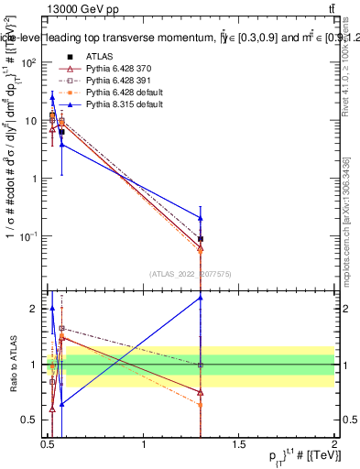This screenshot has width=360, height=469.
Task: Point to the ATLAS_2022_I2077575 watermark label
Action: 191,273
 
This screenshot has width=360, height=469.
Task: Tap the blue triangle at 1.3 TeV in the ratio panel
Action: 201,298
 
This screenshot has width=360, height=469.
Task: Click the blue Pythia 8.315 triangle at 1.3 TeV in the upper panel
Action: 201,218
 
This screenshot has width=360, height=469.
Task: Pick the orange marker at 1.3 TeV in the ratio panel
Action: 201,404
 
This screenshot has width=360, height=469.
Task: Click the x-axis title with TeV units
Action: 298,458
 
